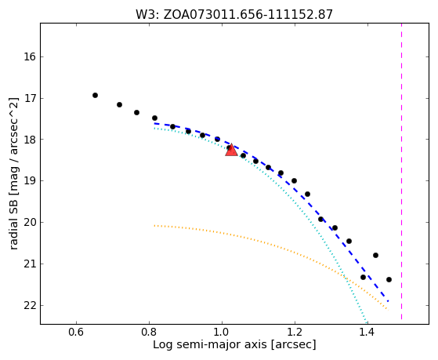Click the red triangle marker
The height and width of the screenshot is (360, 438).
[x=231, y=151]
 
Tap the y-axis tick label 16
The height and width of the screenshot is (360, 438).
[x=29, y=57]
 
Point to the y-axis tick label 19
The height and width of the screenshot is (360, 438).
[x=29, y=181]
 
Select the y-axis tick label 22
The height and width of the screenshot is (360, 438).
[x=29, y=305]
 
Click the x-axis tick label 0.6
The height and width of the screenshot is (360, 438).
[x=76, y=333]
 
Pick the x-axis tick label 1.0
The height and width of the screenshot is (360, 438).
[x=222, y=333]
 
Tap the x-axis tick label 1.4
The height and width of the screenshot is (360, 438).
[x=368, y=333]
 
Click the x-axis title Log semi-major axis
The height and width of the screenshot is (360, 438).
[x=210, y=345]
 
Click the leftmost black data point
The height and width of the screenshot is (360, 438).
[x=95, y=96]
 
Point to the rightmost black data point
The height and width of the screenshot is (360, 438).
[x=389, y=279]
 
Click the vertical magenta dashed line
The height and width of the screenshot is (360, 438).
[x=401, y=171]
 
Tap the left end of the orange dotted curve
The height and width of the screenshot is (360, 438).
[x=154, y=225]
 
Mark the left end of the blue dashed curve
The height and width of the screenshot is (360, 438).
[x=154, y=123]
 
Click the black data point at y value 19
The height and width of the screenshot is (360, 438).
[x=294, y=180]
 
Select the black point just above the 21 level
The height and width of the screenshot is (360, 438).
[x=375, y=255]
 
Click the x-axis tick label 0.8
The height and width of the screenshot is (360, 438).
[x=149, y=333]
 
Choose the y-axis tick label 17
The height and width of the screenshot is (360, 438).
[x=29, y=99]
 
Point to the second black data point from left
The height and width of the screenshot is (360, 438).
[x=119, y=104]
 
